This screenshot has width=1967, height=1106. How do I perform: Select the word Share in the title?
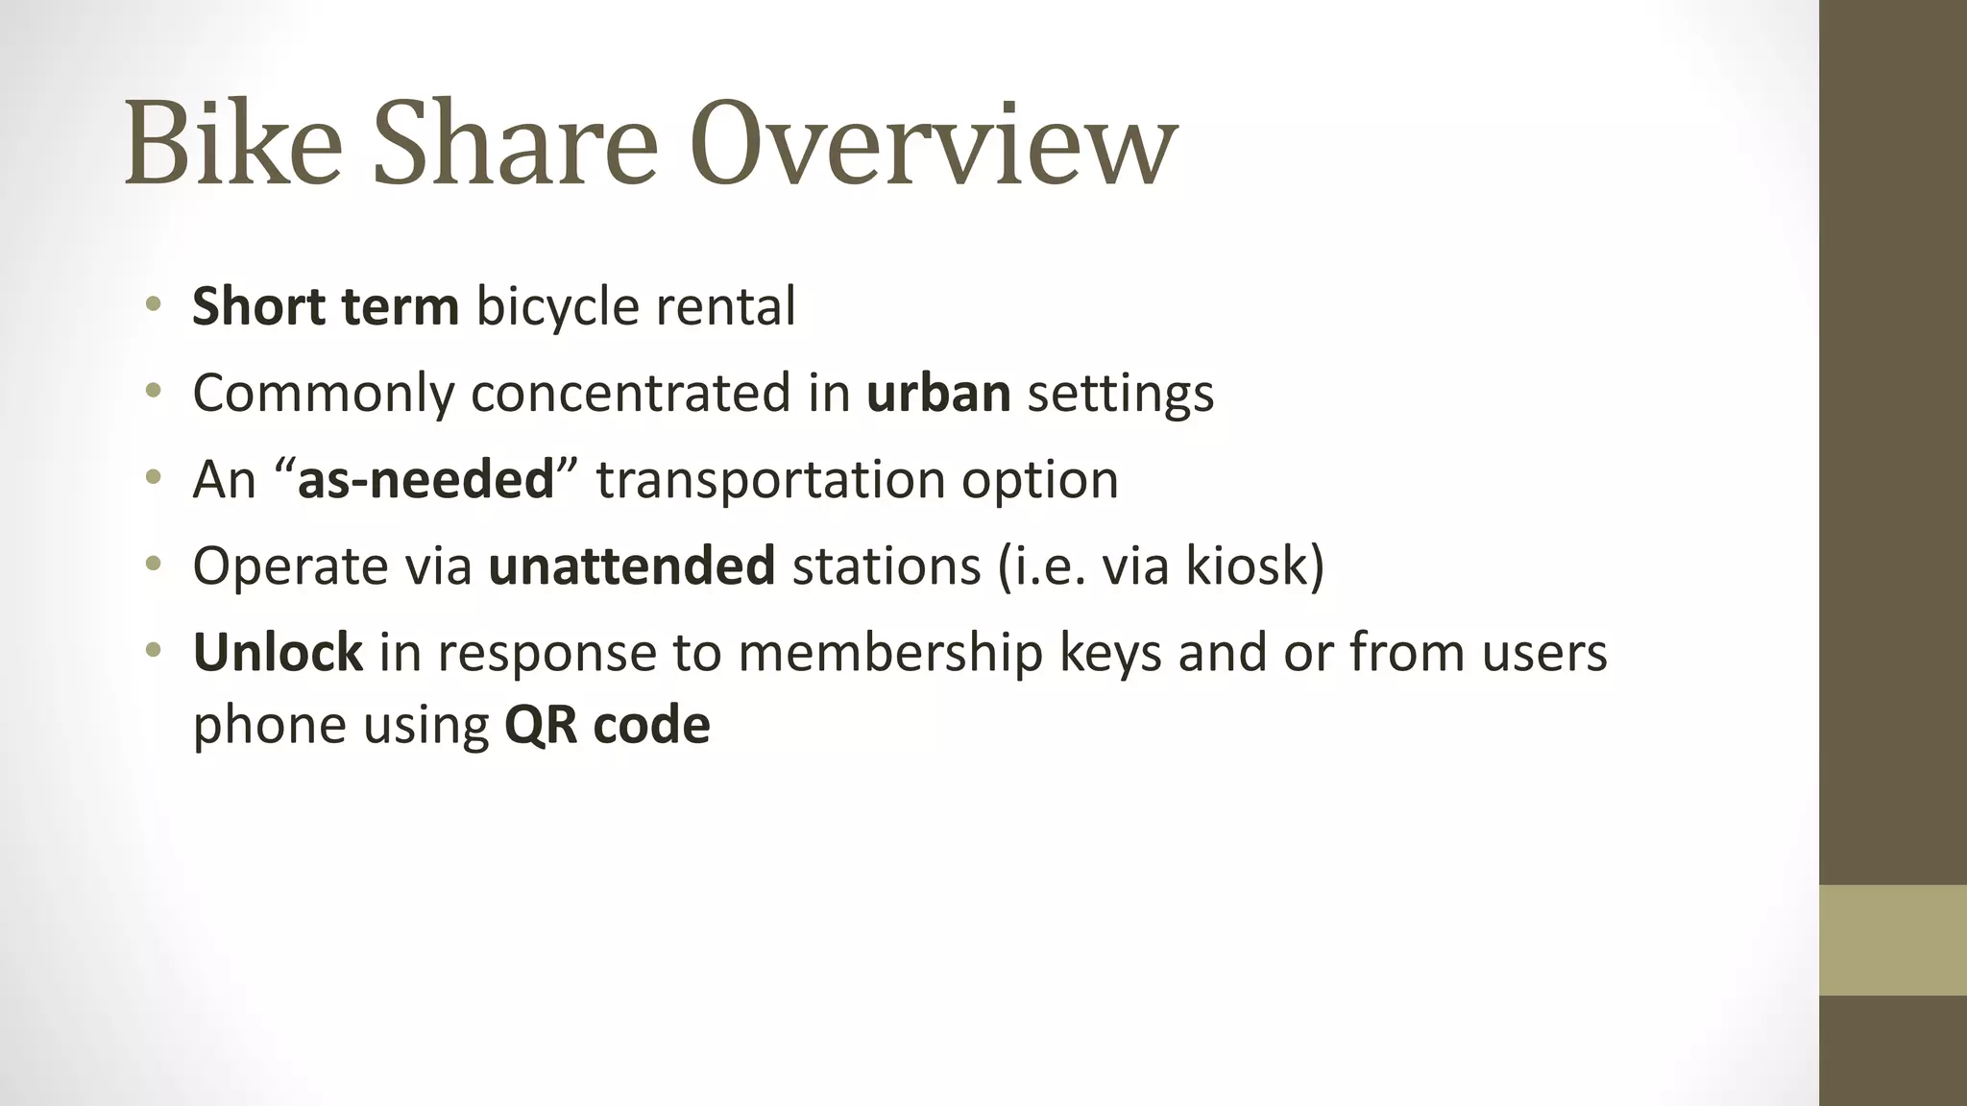515,144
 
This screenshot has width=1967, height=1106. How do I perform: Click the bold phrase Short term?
326,307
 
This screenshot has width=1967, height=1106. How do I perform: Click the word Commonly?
324,394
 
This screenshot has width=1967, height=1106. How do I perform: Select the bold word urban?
938,394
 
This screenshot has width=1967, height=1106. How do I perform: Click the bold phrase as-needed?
426,480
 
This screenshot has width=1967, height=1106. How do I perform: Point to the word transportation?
775,480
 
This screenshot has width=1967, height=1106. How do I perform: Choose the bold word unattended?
631,566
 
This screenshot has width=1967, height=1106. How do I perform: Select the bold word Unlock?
278,653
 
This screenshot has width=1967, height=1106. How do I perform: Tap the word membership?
890,653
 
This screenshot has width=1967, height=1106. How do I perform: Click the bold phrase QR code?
607,725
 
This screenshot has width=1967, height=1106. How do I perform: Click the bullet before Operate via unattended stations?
153,565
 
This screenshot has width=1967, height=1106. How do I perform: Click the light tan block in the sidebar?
1893,940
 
